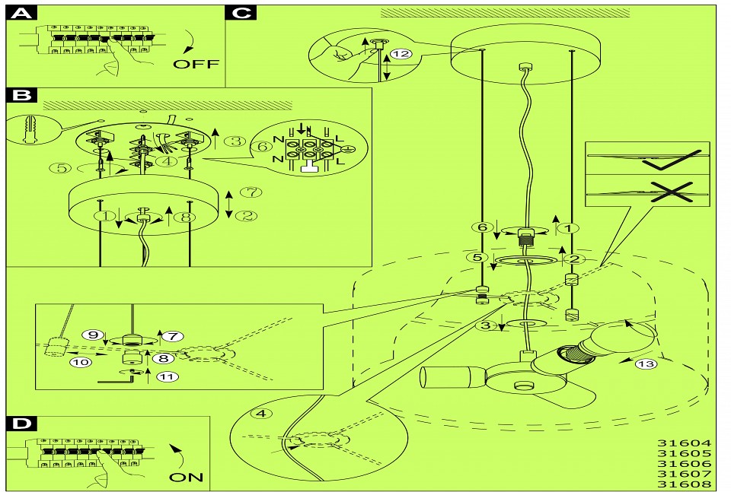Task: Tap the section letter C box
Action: (241, 13)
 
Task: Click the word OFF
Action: (196, 64)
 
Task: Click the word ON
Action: (187, 477)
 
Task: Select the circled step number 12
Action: (402, 53)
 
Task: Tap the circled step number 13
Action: (646, 363)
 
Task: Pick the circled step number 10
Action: (79, 362)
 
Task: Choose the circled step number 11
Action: (164, 376)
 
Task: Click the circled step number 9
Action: (94, 335)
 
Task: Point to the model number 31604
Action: (684, 443)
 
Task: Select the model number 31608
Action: (684, 484)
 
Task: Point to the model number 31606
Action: (684, 463)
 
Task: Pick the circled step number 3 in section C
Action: (485, 325)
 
